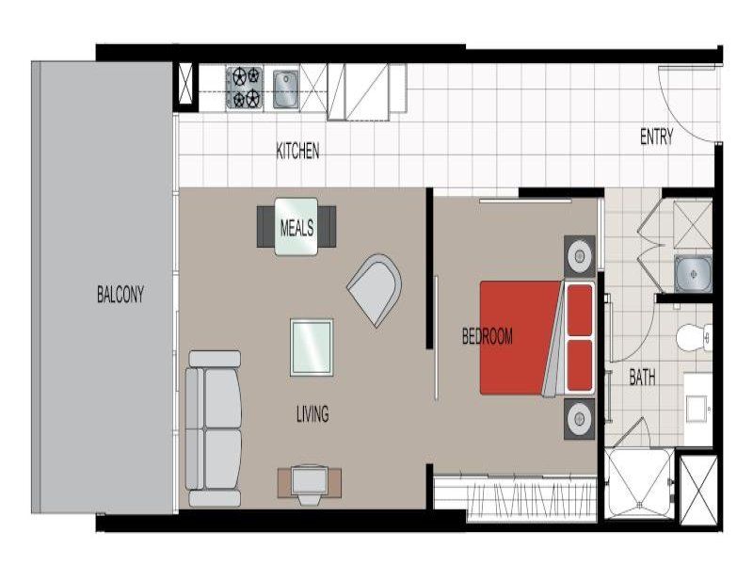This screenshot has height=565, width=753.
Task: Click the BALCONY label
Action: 120,295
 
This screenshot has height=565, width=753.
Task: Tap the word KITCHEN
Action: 297,151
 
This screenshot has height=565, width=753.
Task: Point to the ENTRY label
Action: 656,137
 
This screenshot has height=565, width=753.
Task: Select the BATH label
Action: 642,378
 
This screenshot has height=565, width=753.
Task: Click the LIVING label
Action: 312,413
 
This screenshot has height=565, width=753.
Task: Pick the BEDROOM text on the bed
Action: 487,336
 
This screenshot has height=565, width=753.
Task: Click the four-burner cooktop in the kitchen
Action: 245,88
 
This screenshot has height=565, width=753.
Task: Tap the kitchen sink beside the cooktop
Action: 286,89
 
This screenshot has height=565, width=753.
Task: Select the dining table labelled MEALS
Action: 296,226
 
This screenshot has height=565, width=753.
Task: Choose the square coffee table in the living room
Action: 312,347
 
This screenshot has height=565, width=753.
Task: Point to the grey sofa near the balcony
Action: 214,428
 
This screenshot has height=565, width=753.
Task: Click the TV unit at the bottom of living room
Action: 310,484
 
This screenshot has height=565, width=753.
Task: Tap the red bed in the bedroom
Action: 537,338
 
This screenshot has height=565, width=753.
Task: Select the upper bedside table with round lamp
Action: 580,256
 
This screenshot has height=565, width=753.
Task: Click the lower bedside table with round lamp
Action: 580,418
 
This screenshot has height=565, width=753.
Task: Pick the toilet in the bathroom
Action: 694,337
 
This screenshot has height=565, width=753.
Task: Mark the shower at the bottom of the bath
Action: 639,484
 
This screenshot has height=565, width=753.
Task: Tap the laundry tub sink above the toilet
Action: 693,274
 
